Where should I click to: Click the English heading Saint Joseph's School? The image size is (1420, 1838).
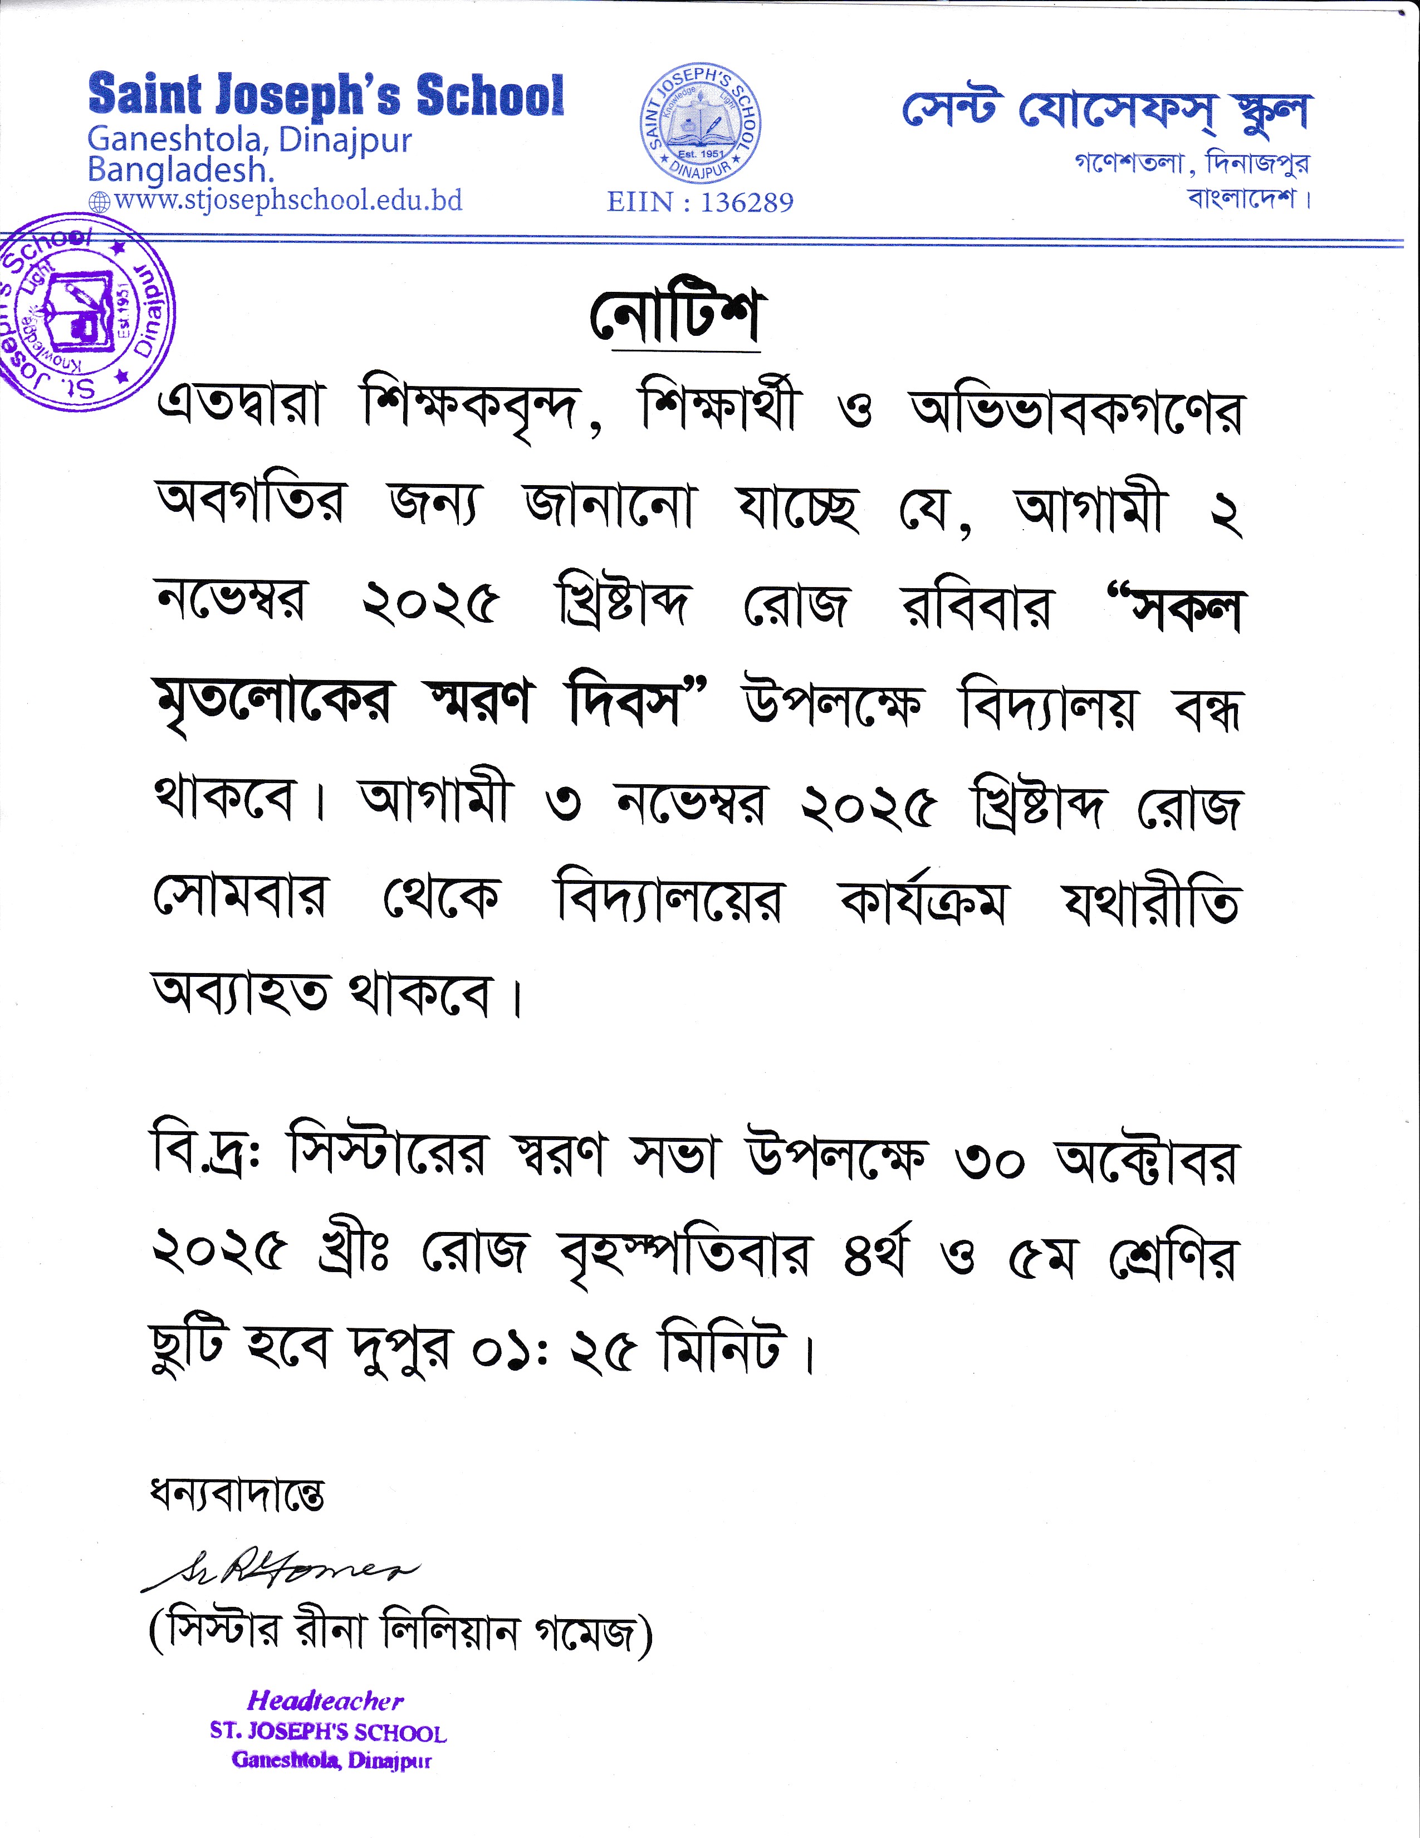(x=326, y=96)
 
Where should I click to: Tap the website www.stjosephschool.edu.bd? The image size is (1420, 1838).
(x=288, y=201)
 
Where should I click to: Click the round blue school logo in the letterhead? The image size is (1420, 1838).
(x=701, y=125)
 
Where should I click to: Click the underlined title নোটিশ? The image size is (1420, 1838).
(x=675, y=318)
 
